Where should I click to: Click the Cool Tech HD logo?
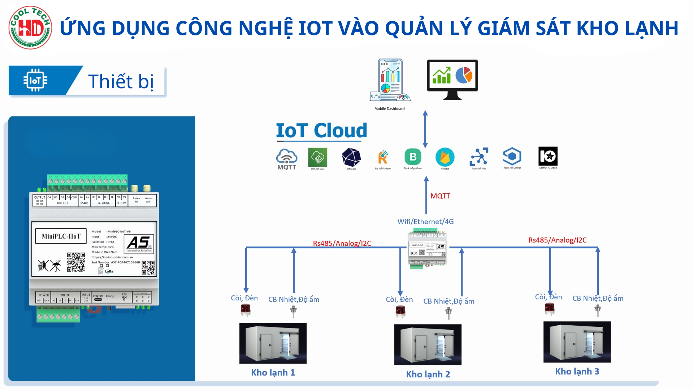tap(30, 28)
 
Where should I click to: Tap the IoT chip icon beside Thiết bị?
tap(35, 80)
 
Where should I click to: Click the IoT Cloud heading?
tap(321, 130)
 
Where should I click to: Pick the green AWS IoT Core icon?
tap(318, 157)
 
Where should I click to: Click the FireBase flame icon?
tap(445, 157)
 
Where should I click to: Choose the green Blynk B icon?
tap(413, 157)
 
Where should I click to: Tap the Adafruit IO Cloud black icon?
tap(548, 156)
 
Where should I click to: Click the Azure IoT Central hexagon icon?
tap(512, 156)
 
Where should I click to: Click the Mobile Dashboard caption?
tap(389, 109)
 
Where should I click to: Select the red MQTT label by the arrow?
tap(440, 196)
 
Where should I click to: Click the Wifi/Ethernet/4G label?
tap(425, 222)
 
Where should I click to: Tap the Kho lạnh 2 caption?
tap(428, 374)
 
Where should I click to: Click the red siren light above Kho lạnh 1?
tap(246, 310)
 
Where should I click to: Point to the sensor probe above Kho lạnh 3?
tap(598, 310)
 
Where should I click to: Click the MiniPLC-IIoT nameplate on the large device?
tap(61, 236)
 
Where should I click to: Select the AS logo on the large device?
tap(139, 243)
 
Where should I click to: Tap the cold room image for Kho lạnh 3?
tap(577, 342)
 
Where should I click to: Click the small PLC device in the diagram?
tap(427, 249)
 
